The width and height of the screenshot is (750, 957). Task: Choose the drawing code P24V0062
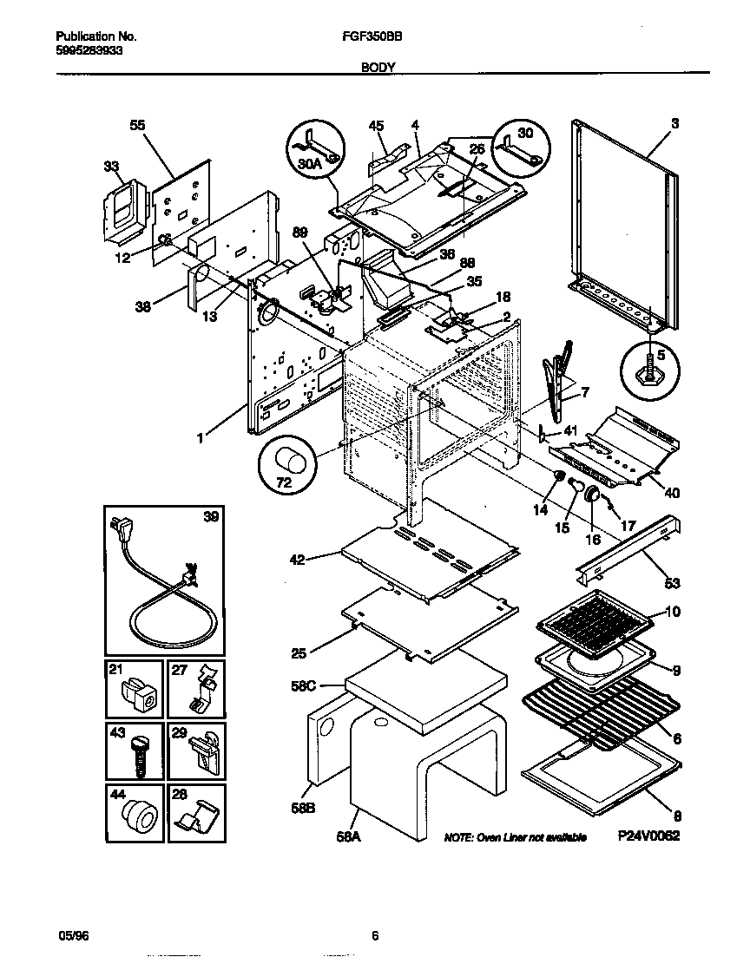coord(648,836)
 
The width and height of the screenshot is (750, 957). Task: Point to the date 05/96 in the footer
coord(69,935)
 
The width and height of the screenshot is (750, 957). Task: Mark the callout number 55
coord(137,125)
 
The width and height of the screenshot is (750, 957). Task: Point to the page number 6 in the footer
coord(374,935)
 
